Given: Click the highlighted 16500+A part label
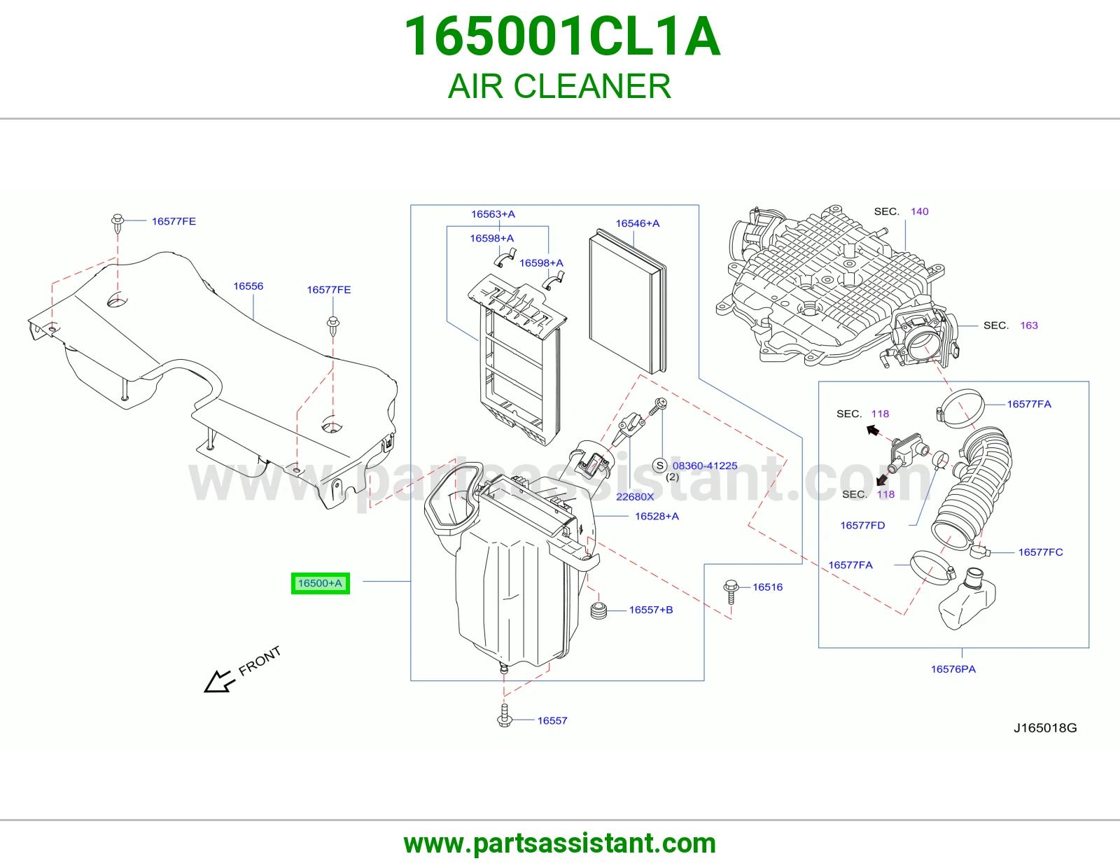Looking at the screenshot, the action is [x=320, y=583].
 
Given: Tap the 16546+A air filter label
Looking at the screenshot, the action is [x=638, y=223].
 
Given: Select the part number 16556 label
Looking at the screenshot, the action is [x=248, y=286].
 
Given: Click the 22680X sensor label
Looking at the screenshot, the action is [x=635, y=496].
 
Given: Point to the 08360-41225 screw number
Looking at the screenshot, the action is [x=705, y=465].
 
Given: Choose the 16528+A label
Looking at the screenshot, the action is [x=657, y=516].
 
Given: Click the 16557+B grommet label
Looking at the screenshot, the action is [x=651, y=610].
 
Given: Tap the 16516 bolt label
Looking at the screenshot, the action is [x=767, y=587].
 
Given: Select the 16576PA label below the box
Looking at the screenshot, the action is [x=953, y=669].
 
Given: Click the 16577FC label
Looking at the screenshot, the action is [x=1040, y=552].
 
